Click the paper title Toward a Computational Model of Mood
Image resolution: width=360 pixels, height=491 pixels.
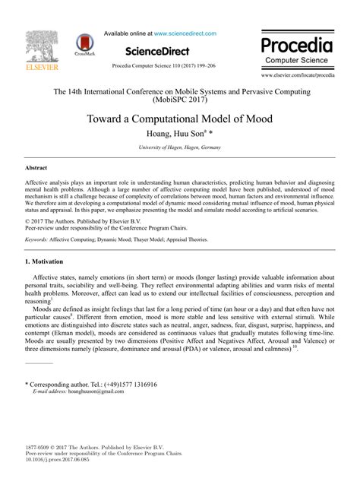tap(180, 119)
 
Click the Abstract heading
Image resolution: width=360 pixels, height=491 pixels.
tap(37, 167)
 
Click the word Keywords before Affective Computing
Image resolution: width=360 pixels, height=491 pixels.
tap(36, 239)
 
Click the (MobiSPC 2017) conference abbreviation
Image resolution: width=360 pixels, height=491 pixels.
tap(180, 99)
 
